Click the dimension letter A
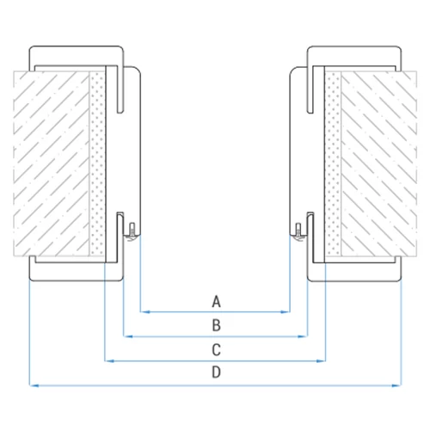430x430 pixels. pyautogui.click(x=216, y=302)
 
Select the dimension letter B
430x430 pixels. pyautogui.click(x=217, y=325)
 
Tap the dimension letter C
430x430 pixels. pyautogui.click(x=216, y=350)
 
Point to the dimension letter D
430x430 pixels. pyautogui.click(x=217, y=372)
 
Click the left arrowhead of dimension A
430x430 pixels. pyautogui.click(x=145, y=311)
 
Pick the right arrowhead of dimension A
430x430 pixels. pyautogui.click(x=286, y=311)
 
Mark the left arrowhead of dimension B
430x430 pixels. pyautogui.click(x=128, y=336)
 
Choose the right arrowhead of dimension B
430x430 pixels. pyautogui.click(x=303, y=336)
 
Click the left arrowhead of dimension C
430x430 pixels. pyautogui.click(x=109, y=361)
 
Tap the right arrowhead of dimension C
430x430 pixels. pyautogui.click(x=321, y=361)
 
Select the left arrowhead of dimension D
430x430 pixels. pyautogui.click(x=34, y=385)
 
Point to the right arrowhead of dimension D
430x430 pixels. pyautogui.click(x=396, y=385)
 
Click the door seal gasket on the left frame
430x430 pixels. pyautogui.click(x=132, y=231)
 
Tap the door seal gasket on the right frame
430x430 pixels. pyautogui.click(x=298, y=231)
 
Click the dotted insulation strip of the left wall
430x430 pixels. pyautogui.click(x=97, y=163)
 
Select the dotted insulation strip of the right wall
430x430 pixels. pyautogui.click(x=334, y=163)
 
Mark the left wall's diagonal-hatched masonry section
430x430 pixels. pyautogui.click(x=52, y=163)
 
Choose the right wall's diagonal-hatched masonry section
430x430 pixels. pyautogui.click(x=379, y=163)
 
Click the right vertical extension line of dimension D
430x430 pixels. pyautogui.click(x=401, y=333)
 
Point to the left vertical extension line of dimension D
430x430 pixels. pyautogui.click(x=29, y=333)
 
